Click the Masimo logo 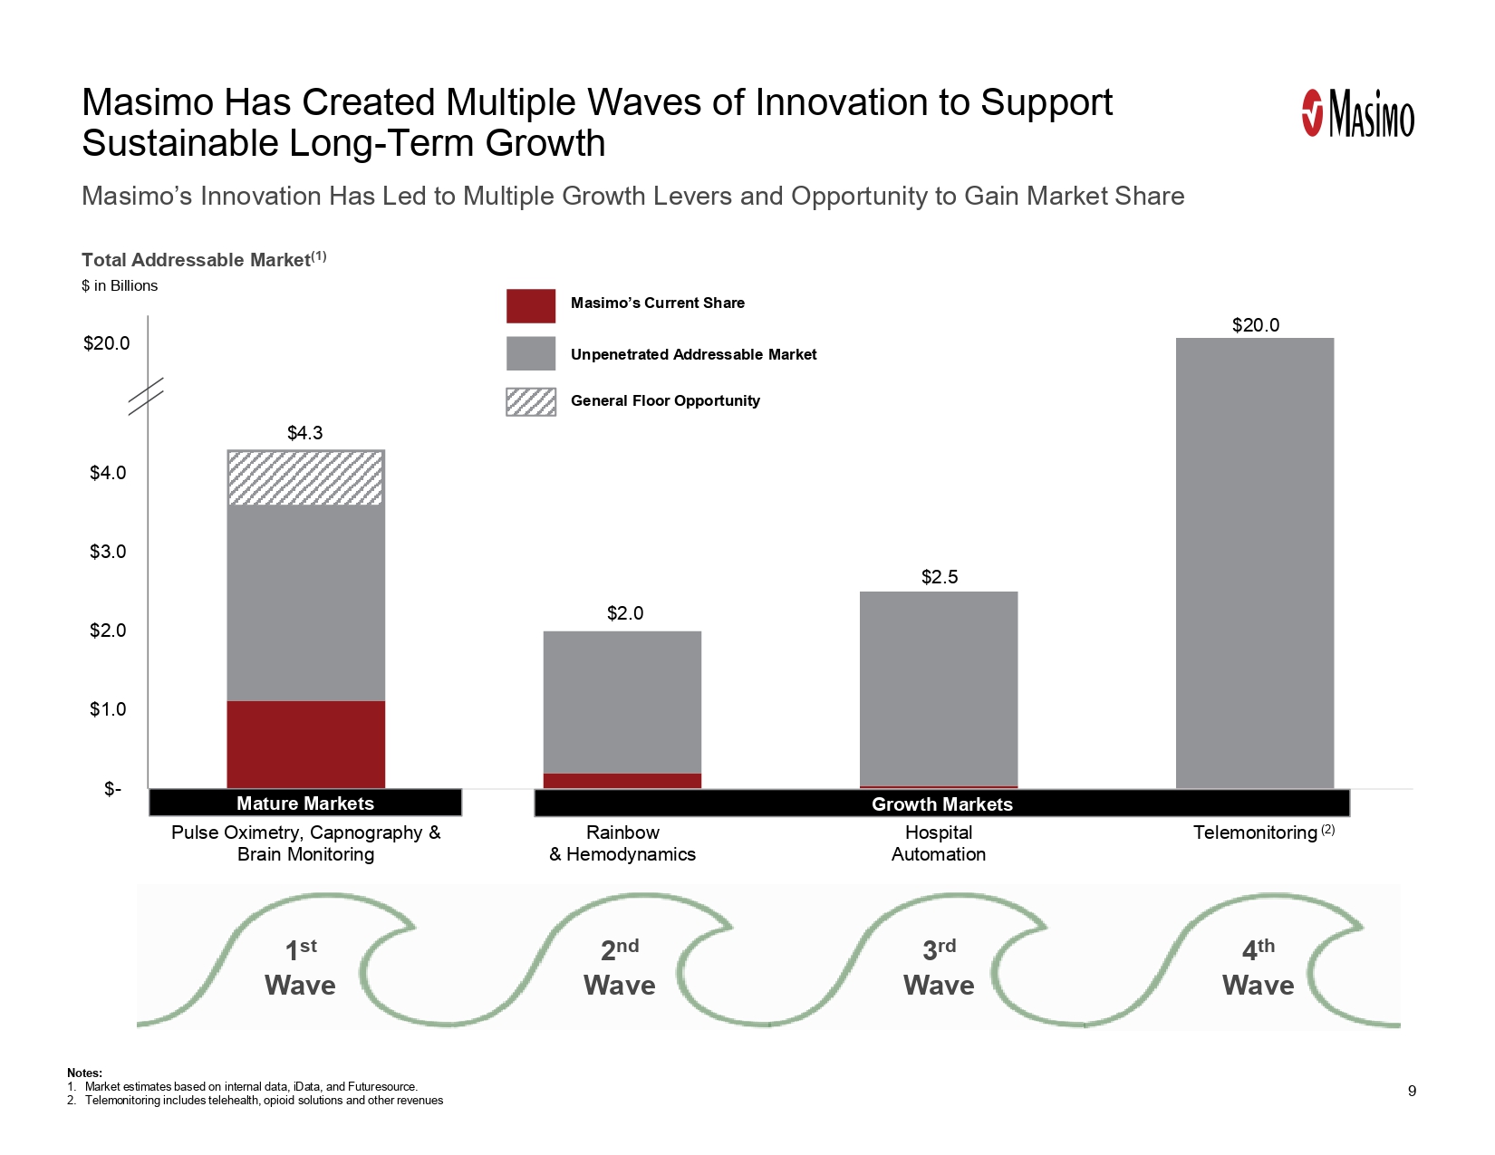(1357, 115)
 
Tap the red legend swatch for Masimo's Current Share (531, 306)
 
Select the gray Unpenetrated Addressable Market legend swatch (531, 353)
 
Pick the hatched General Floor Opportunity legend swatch (531, 401)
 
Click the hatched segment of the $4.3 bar (305, 477)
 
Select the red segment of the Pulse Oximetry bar (305, 744)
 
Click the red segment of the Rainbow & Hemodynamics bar (622, 781)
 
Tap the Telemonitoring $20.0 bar (1255, 562)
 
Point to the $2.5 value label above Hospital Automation (940, 577)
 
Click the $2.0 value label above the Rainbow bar (625, 613)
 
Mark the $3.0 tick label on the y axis (108, 552)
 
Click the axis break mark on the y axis (146, 396)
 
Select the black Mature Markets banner (305, 804)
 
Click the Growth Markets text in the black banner (941, 804)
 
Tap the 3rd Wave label (939, 967)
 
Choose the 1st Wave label (300, 967)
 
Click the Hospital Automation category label (939, 843)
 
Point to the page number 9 (1412, 1091)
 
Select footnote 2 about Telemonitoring (263, 1101)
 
